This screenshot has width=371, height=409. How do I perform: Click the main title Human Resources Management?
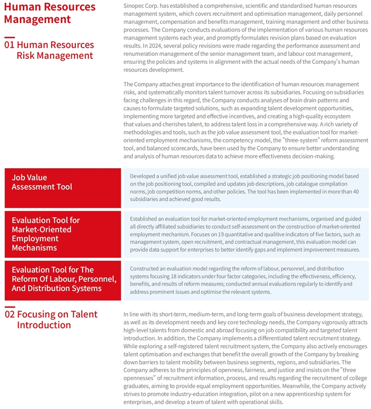click(49, 13)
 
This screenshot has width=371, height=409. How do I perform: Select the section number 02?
click(9, 314)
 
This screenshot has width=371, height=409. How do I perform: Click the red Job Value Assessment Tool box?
click(63, 187)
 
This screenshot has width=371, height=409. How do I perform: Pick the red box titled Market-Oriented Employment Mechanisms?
click(63, 234)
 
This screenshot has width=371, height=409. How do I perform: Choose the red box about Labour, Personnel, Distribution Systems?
click(63, 279)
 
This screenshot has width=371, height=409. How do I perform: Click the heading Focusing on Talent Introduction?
click(57, 319)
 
